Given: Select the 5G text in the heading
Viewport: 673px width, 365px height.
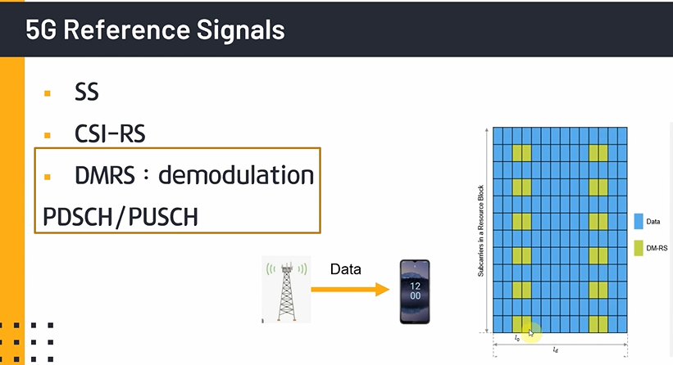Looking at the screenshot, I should coord(42,29).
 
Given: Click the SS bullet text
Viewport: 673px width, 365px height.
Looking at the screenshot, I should coord(86,92).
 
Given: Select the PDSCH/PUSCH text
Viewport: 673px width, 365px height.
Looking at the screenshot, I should coord(120,217).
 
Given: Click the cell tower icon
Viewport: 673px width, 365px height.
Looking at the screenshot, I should coord(284,290).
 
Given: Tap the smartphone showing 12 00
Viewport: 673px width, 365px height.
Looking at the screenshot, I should coord(415,291).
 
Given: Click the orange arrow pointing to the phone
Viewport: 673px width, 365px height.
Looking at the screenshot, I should coord(351,289).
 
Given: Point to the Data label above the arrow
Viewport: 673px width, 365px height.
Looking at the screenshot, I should coord(346,268).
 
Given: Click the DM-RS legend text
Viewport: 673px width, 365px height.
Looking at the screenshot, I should coord(657,246).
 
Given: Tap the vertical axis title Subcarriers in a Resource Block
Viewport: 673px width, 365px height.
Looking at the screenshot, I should coord(481,230).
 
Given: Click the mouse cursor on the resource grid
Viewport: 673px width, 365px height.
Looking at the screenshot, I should coord(530,331).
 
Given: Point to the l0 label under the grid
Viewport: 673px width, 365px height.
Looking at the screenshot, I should coord(516,338).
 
